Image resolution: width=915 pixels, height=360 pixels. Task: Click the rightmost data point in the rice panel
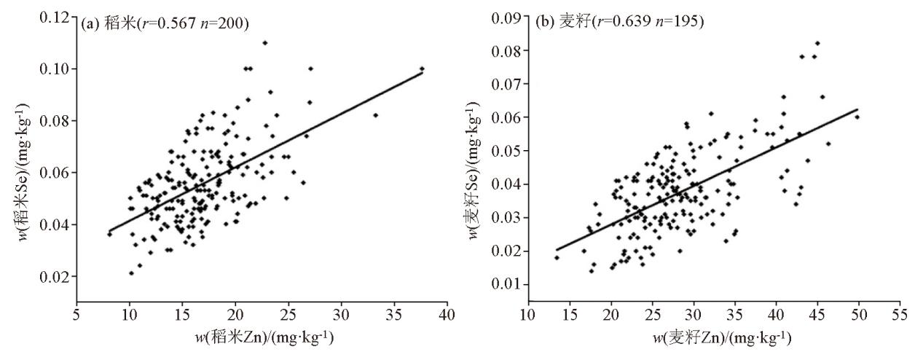422,69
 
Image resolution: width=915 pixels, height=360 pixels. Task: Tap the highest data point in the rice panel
264,42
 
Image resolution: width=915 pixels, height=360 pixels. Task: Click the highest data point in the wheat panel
817,43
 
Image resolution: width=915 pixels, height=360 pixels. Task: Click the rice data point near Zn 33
376,115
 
